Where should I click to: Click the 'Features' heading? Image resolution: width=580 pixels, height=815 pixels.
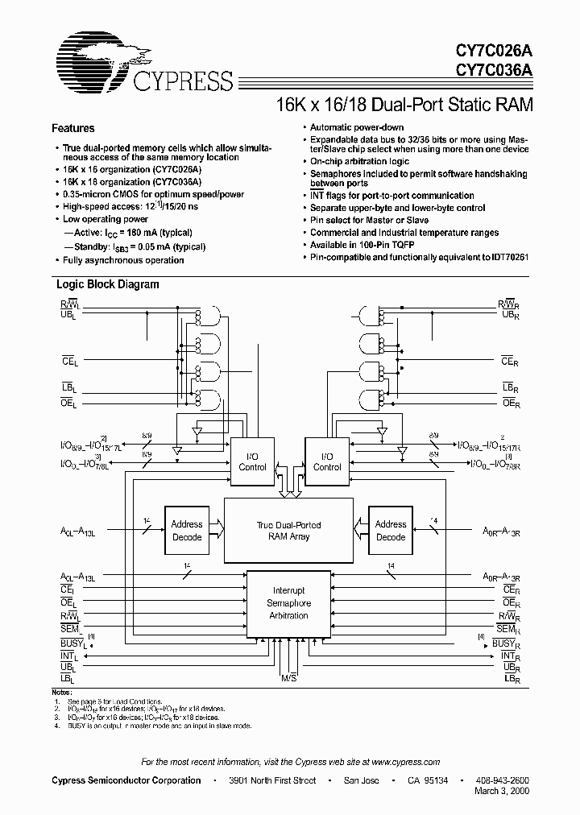(x=73, y=128)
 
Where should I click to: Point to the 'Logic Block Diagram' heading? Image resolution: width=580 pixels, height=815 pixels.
(x=107, y=284)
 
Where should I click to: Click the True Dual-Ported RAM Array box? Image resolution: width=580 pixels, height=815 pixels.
(x=288, y=531)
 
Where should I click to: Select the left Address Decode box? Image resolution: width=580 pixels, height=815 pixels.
(x=187, y=530)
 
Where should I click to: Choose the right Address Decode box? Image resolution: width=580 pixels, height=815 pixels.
(x=391, y=530)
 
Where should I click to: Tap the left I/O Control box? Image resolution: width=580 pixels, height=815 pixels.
(x=252, y=461)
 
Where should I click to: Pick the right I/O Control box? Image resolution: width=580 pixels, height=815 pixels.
(x=327, y=461)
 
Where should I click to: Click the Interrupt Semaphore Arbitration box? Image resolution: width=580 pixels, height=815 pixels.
(x=288, y=603)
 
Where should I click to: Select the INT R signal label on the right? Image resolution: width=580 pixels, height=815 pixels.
(x=508, y=656)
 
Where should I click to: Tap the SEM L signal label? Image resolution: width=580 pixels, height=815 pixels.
(x=69, y=629)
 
